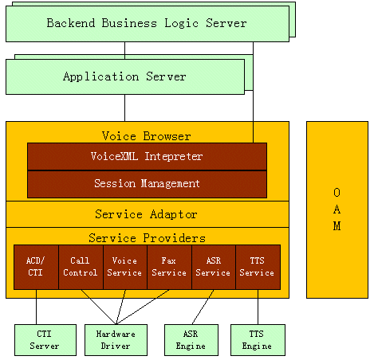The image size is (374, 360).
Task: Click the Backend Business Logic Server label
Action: click(147, 23)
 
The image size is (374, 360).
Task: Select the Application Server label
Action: click(124, 76)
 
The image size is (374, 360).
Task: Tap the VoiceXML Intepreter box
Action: click(147, 156)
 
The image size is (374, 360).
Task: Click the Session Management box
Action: click(147, 184)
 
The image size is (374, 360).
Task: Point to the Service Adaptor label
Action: click(146, 214)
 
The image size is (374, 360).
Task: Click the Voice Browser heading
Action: click(147, 136)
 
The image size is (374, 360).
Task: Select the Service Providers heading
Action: click(147, 238)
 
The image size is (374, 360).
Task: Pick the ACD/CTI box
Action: click(36, 267)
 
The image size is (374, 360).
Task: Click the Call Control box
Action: click(81, 267)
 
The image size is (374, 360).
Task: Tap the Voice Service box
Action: click(125, 267)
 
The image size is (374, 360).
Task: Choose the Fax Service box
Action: click(169, 267)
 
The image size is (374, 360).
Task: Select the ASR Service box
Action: click(214, 267)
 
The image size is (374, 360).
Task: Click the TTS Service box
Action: click(258, 267)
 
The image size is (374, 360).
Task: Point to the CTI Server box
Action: click(45, 340)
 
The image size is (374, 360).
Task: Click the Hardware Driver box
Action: click(116, 340)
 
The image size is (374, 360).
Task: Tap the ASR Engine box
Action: click(191, 340)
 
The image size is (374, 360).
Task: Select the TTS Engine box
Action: click(258, 340)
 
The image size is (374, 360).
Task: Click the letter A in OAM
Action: click(337, 209)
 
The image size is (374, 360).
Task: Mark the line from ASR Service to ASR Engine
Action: click(203, 307)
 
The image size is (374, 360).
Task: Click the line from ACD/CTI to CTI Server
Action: click(36, 307)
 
